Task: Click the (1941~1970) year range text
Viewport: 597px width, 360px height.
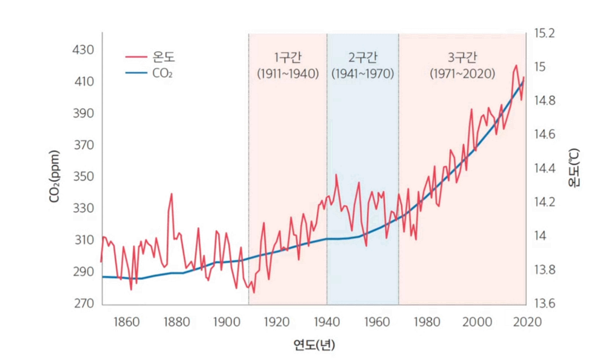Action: [362, 74]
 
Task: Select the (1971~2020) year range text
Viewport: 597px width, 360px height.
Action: [463, 74]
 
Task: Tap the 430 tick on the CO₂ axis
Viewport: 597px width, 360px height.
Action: [83, 50]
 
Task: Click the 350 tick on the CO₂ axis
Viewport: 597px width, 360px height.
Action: [83, 177]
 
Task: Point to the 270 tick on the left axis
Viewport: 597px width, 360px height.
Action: [83, 303]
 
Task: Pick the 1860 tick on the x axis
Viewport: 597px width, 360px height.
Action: [126, 322]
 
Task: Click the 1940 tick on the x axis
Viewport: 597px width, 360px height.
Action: [327, 322]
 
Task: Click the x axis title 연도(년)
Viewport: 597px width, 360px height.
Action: [314, 345]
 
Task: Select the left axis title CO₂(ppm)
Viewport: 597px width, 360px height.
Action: [54, 177]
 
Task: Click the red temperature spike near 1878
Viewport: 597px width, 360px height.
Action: [171, 195]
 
